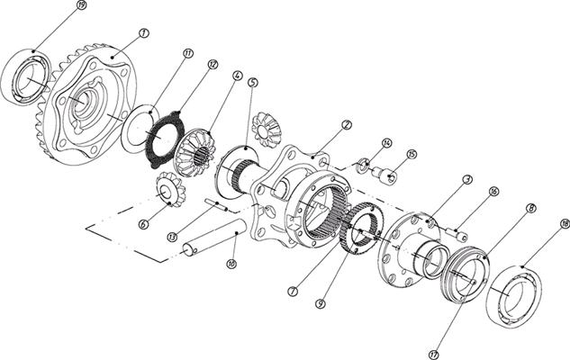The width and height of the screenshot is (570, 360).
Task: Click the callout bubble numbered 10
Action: coord(231,265)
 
